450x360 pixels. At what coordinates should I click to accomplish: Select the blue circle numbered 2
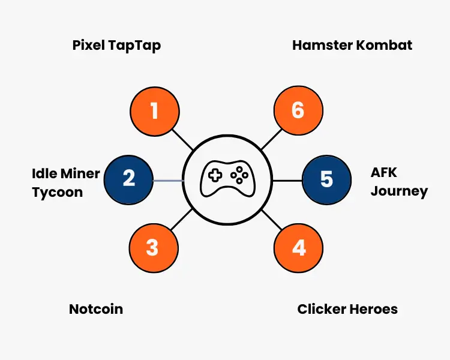click(128, 179)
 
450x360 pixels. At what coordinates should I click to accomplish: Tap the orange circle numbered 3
click(153, 248)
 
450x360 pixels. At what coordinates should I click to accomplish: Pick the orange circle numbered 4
click(298, 248)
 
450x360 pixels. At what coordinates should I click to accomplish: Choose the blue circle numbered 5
click(326, 179)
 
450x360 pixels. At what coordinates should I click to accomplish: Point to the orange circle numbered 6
click(298, 111)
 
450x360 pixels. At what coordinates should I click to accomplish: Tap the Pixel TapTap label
click(116, 45)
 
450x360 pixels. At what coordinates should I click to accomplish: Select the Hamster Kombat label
click(352, 45)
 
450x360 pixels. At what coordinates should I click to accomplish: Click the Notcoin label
click(96, 309)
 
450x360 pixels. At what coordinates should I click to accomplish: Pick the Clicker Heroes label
click(347, 309)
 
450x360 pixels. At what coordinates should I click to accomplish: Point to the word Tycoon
click(57, 193)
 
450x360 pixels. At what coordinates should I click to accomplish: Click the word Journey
click(399, 192)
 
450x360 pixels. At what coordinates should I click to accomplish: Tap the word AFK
click(384, 173)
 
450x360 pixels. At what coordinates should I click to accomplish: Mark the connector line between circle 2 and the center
click(167, 180)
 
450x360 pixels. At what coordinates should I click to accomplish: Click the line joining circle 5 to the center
click(287, 180)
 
